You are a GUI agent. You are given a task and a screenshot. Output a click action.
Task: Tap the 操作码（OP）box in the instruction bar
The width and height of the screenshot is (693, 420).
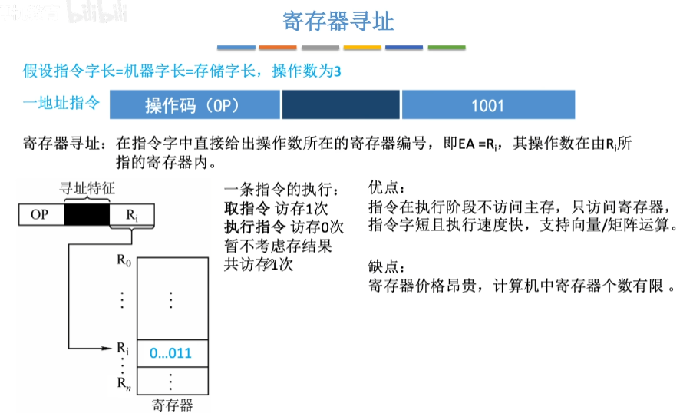195,105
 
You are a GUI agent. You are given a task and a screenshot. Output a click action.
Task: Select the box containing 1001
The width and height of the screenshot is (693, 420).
487,105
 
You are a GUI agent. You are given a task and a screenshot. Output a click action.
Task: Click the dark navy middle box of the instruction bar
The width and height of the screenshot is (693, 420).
342,105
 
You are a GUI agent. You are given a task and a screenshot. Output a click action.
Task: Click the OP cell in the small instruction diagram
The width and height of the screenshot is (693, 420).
40,215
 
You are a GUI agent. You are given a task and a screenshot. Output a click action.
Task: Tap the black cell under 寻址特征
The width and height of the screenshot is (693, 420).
87,215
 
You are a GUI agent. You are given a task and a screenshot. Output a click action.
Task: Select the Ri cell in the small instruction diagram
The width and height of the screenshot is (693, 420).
132,215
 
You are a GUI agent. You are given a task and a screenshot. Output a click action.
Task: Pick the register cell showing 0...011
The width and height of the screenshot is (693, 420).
170,353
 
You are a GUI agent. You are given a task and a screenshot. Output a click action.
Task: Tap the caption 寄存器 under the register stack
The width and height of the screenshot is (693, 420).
172,405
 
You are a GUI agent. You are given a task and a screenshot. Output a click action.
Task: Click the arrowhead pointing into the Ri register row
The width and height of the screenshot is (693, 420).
110,349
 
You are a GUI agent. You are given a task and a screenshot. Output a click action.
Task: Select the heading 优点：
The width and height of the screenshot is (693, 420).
386,188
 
